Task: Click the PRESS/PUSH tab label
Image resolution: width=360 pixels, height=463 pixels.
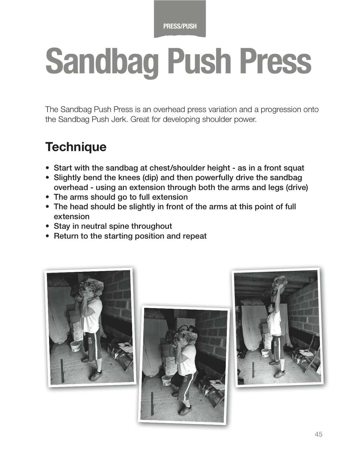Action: (x=180, y=26)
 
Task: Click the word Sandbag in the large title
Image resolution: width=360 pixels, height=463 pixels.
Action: (x=102, y=61)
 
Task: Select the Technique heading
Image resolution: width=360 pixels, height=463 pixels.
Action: (x=76, y=147)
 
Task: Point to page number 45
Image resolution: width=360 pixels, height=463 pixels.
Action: (x=318, y=434)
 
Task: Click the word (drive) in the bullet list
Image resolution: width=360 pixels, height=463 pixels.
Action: (x=297, y=187)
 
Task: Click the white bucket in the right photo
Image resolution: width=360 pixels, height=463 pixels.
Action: (x=265, y=352)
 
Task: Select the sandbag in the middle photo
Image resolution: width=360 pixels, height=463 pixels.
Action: (x=181, y=337)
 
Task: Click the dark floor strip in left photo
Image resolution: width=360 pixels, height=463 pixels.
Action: (x=62, y=370)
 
